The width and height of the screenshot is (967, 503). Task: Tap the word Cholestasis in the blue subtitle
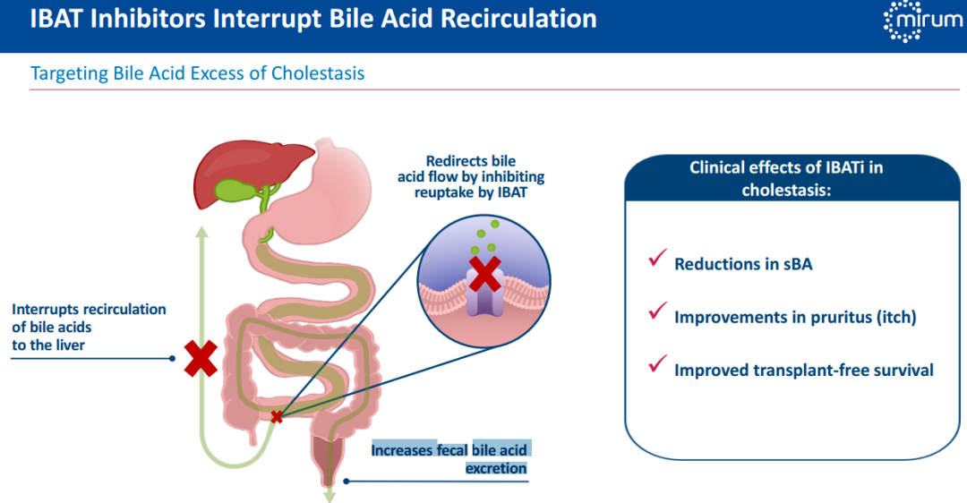[x=319, y=73]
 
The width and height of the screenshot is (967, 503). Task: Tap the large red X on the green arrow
[x=201, y=358]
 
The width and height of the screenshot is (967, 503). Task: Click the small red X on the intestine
[x=277, y=416]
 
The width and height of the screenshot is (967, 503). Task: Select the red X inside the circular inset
[x=484, y=274]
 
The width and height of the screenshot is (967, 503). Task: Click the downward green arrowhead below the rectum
[x=329, y=494]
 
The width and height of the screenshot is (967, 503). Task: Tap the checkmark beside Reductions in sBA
[x=655, y=260]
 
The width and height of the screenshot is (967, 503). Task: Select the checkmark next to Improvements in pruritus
[x=655, y=312]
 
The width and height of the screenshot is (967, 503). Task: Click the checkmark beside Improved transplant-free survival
[x=655, y=365]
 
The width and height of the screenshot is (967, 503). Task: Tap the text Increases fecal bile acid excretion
[x=450, y=458]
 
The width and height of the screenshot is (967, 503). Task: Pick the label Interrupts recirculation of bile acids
[x=89, y=327]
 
